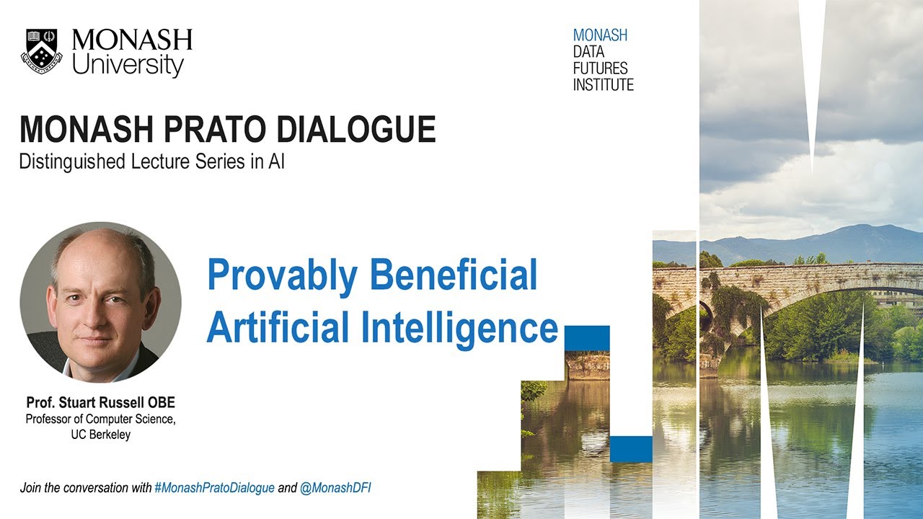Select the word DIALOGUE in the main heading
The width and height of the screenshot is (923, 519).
[x=370, y=130]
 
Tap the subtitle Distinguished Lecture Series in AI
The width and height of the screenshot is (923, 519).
[x=151, y=162]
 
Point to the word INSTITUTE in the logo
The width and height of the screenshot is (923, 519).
[x=603, y=84]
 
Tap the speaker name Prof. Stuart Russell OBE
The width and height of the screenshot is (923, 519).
[x=100, y=402]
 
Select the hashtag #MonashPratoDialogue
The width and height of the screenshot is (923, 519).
[x=214, y=488]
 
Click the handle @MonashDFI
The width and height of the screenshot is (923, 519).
[x=335, y=488]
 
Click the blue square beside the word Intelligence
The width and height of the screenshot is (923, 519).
[x=587, y=337]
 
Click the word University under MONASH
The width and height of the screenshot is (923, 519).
[x=128, y=66]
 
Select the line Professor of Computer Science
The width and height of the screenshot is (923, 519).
[x=100, y=419]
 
